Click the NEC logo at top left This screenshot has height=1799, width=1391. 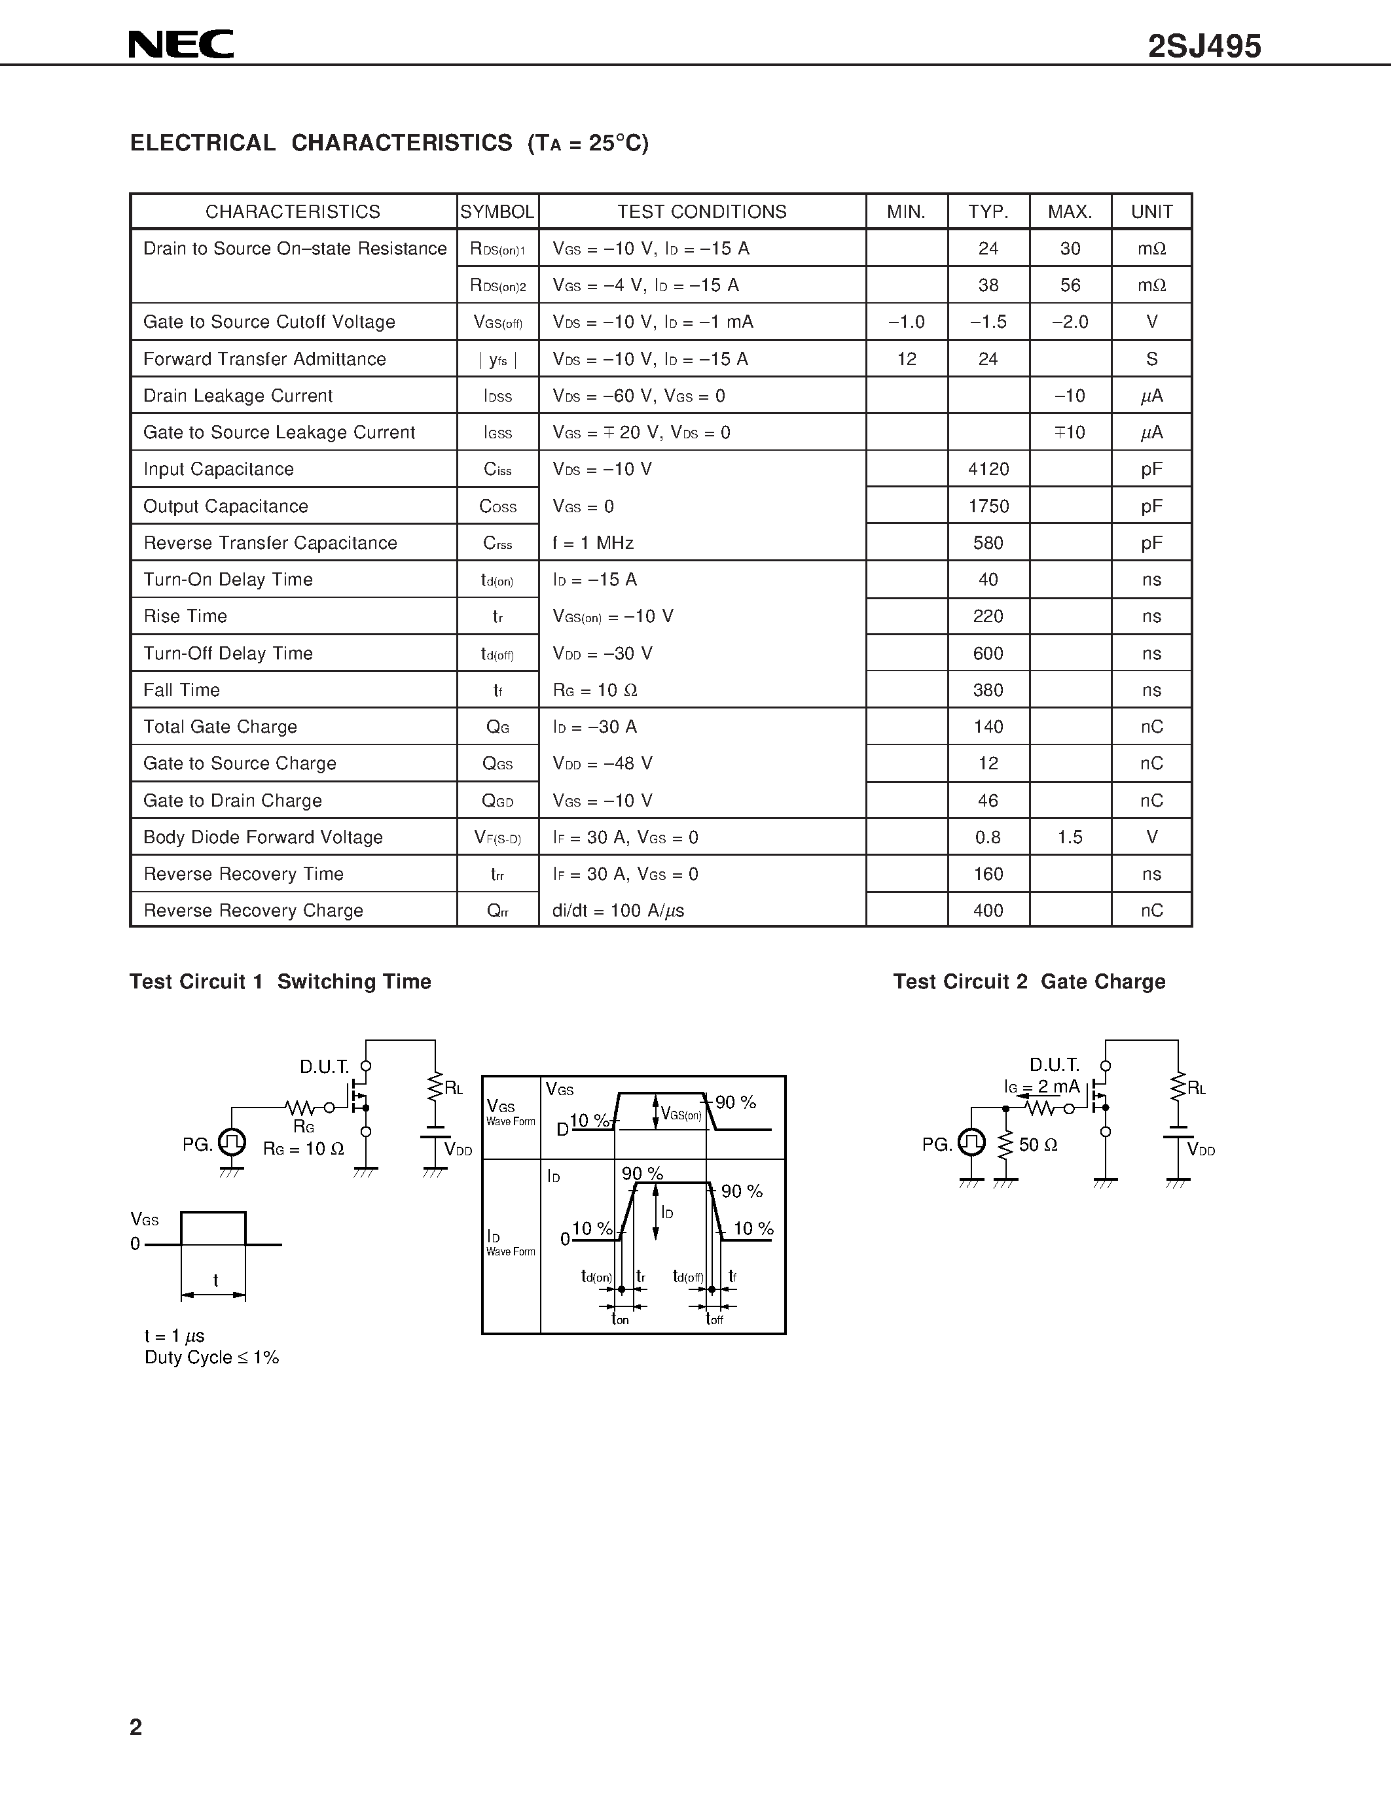[x=181, y=44]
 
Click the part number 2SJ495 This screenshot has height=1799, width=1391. [x=1204, y=47]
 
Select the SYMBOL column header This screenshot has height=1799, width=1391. [x=497, y=212]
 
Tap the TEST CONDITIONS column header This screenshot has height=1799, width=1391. [x=702, y=212]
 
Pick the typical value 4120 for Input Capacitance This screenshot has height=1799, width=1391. [x=988, y=468]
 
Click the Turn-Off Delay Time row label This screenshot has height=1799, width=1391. [x=228, y=654]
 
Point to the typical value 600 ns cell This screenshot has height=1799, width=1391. [x=988, y=654]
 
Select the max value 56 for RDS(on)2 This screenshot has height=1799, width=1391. [x=1070, y=285]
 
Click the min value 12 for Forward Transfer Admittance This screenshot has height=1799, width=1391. [x=907, y=359]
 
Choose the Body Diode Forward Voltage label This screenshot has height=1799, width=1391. [x=263, y=837]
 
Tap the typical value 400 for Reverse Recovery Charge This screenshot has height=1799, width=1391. [x=988, y=910]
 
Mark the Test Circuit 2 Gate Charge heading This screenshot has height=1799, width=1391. [x=1029, y=981]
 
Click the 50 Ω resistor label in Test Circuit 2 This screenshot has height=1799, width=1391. [x=1038, y=1144]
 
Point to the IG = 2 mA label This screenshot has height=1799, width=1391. [x=1041, y=1087]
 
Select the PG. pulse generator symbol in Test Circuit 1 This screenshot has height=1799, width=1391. [x=232, y=1142]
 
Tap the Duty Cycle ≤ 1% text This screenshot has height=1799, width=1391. [x=212, y=1357]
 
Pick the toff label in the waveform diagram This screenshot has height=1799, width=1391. [x=714, y=1319]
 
